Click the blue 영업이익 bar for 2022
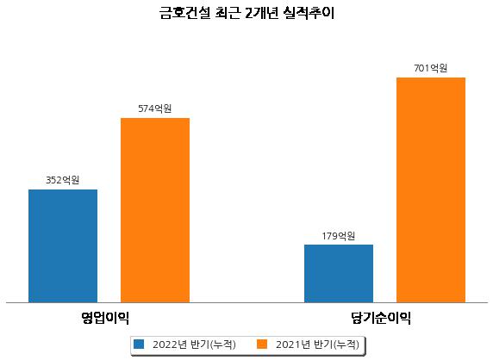63,246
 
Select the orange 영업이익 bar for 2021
155,210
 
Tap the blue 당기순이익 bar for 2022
339,274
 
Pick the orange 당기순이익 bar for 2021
431,190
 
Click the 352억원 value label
63,180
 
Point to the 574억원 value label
154,109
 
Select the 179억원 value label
339,236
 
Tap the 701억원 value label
430,68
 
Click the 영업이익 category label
105,318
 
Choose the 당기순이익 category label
381,318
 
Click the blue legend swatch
139,344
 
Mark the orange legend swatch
262,344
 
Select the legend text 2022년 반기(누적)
194,344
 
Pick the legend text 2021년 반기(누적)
317,344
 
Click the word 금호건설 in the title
184,13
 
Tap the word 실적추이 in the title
309,13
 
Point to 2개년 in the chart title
261,13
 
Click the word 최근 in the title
228,13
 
